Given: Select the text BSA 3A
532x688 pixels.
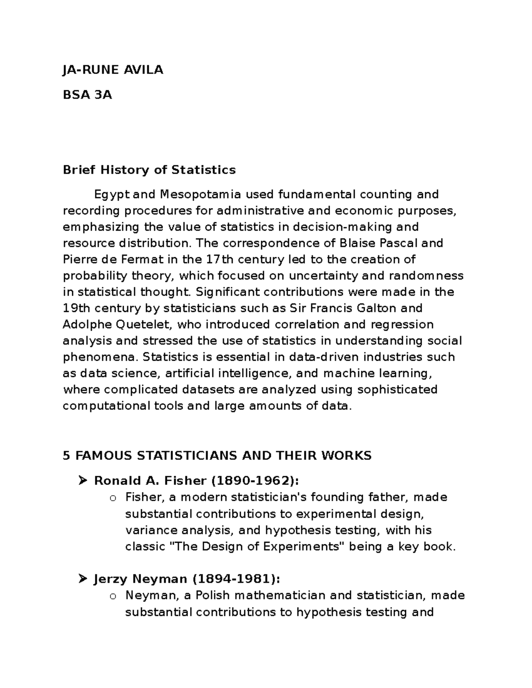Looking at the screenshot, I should tap(87, 95).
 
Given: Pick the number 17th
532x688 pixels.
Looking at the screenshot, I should tap(220, 260).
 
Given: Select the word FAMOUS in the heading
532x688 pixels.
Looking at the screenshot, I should tap(104, 455).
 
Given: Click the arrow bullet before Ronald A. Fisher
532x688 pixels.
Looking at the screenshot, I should tap(82, 480).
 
